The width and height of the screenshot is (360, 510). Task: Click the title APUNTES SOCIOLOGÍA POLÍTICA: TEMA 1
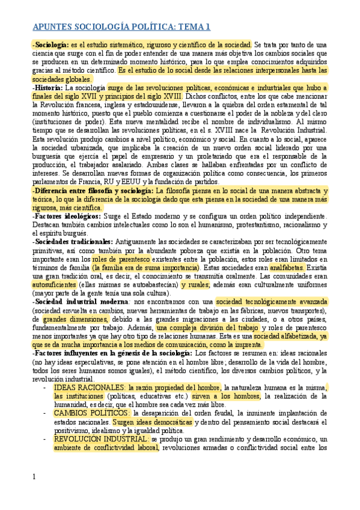click(x=121, y=27)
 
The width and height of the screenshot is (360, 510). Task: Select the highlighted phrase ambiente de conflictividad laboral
click(x=103, y=448)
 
